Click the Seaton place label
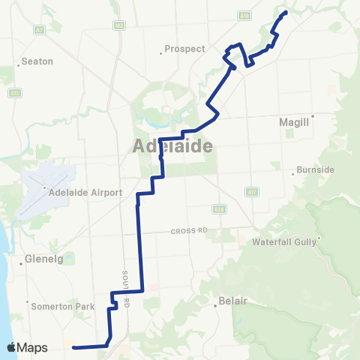37,61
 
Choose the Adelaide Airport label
85,193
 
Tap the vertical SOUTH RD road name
127,288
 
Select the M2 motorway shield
120,25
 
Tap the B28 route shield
218,208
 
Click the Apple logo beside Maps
11,347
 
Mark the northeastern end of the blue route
286,12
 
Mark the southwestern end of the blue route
73,346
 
